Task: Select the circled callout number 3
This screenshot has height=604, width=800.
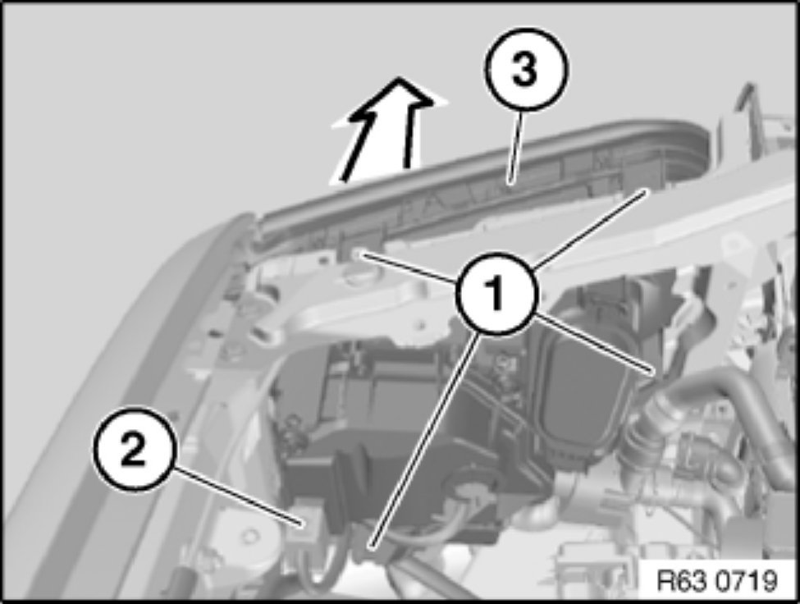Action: pos(525,69)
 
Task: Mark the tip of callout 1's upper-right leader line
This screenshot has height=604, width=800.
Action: pos(648,190)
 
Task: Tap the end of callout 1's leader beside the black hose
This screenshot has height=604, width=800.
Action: pos(653,368)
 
